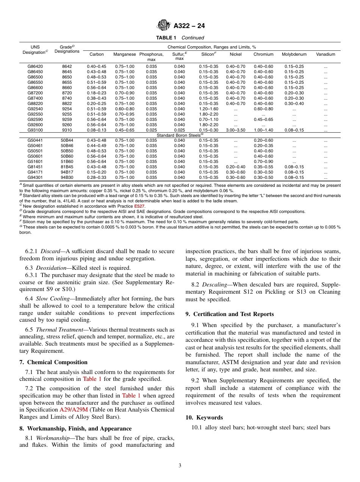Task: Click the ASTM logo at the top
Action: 164,26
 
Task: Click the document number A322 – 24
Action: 189,26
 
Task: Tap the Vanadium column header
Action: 326,55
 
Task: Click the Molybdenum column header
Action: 294,55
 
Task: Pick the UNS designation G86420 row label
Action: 35,67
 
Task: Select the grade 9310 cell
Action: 67,130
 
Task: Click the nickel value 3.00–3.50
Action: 236,130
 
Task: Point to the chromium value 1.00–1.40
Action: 263,130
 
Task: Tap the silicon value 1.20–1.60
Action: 209,109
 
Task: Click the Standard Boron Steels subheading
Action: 180,135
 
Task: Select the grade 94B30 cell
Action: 67,178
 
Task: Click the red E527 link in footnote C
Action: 139,207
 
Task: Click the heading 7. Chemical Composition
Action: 53,363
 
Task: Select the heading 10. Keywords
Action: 204,418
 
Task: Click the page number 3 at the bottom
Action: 180,466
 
